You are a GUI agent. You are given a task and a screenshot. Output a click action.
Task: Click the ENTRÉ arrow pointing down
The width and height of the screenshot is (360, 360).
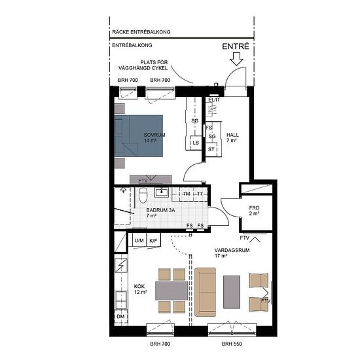(236, 59)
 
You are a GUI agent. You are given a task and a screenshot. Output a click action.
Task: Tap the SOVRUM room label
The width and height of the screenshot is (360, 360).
(154, 135)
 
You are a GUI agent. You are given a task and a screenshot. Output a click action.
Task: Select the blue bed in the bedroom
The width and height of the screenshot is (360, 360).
(139, 136)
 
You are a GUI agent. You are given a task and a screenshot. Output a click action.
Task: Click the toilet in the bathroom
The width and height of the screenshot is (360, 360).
(143, 195)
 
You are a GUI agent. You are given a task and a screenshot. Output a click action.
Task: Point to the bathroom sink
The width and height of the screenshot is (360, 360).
(162, 192)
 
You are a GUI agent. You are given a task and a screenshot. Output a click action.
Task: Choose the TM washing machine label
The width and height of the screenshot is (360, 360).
(187, 194)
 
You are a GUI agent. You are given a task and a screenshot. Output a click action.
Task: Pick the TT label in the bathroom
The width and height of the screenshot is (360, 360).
(200, 194)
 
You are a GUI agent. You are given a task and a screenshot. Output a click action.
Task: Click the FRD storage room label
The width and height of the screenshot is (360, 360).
(254, 208)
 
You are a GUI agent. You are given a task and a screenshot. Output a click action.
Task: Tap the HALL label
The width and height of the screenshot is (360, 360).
(232, 135)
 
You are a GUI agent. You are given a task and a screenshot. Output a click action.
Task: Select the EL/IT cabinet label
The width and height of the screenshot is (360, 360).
(214, 100)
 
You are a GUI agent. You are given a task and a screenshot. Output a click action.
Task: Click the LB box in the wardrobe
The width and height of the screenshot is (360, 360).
(196, 143)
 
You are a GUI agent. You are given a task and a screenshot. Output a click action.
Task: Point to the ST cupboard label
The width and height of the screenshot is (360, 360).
(211, 149)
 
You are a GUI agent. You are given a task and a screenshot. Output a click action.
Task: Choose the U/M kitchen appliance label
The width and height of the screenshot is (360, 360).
(139, 241)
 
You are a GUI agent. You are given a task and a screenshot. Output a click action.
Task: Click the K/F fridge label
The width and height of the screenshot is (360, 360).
(153, 241)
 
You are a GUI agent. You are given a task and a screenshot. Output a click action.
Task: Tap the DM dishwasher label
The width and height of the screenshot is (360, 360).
(120, 317)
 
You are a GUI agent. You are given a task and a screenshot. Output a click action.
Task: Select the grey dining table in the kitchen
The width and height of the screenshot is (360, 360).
(171, 291)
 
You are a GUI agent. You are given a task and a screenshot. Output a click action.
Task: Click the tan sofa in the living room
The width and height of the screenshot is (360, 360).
(206, 292)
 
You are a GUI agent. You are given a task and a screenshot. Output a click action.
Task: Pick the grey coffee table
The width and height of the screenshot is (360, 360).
(232, 292)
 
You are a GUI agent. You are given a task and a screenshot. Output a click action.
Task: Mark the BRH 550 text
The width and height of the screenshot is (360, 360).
(232, 344)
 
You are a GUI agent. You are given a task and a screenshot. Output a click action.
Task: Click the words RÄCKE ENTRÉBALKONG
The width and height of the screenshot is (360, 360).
(141, 32)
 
